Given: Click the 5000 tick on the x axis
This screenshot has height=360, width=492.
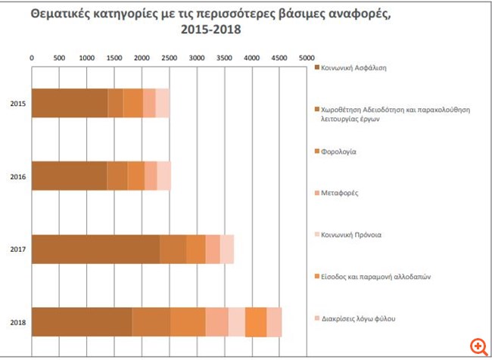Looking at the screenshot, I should (307, 57).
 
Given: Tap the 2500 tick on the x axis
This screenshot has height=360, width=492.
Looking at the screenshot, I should (169, 57).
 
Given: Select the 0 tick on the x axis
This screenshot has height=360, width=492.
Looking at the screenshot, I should (31, 57).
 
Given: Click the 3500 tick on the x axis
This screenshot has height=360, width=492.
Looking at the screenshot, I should (224, 57).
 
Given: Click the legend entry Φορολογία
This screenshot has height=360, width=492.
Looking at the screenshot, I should (339, 151).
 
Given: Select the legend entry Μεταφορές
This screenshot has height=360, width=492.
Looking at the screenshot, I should (341, 193).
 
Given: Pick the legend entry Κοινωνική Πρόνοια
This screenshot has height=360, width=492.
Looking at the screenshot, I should (351, 234).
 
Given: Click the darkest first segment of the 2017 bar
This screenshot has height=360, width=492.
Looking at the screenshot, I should (95, 249).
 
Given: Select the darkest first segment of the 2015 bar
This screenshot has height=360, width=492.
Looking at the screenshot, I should (70, 103).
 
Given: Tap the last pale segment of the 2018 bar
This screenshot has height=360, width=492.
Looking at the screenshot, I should (274, 322).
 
